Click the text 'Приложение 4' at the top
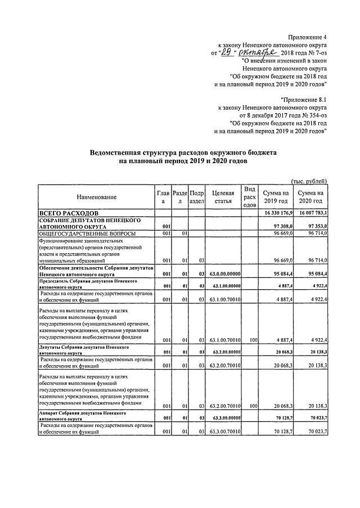[x=307, y=37]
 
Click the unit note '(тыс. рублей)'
[x=309, y=181]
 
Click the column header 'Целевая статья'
[x=223, y=197]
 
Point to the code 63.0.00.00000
[x=224, y=274]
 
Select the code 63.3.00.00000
[x=224, y=419]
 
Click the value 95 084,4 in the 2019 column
[x=283, y=274]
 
